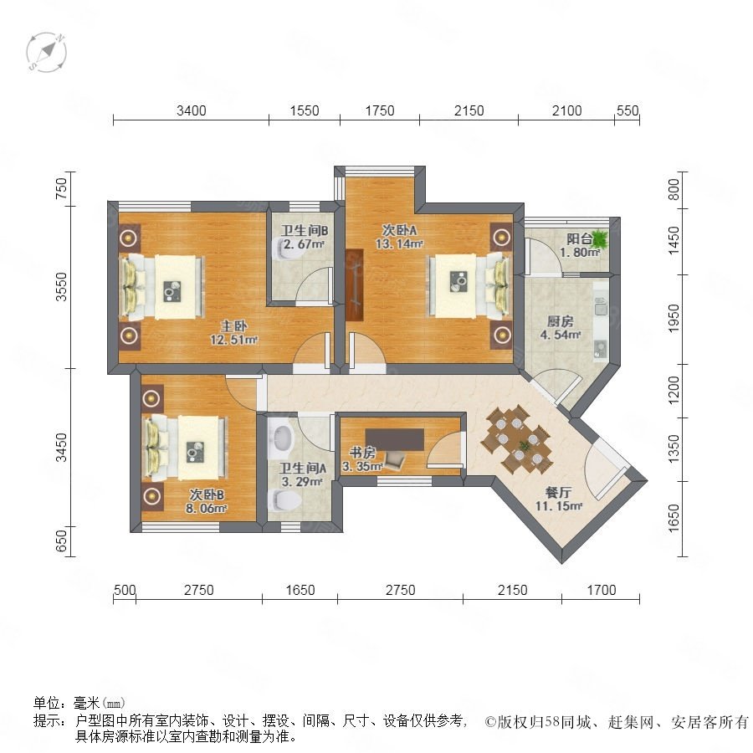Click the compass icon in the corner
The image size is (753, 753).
46,53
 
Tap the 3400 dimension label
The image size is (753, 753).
191,111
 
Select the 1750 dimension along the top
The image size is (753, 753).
379,111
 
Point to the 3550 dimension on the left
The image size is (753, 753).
61,287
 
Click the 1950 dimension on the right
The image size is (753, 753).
674,318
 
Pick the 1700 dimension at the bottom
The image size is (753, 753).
602,590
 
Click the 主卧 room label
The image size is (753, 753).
234,326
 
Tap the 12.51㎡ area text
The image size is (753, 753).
234,340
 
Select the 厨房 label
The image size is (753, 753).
560,321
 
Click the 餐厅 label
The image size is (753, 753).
559,492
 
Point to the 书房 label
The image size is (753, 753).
362,453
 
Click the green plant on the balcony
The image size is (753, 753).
600,238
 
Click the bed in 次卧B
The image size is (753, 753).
186,448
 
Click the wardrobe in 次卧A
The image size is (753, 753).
355,284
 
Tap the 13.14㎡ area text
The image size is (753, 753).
399,244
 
